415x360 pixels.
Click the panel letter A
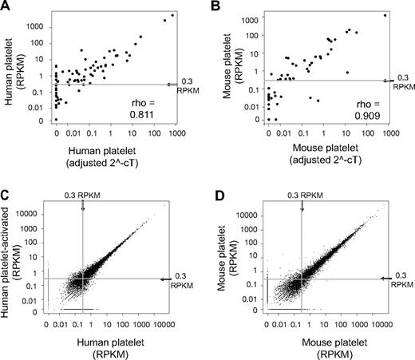coord(6,7)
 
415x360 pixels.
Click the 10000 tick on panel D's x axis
coord(382,326)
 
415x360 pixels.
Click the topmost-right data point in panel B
coord(385,15)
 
